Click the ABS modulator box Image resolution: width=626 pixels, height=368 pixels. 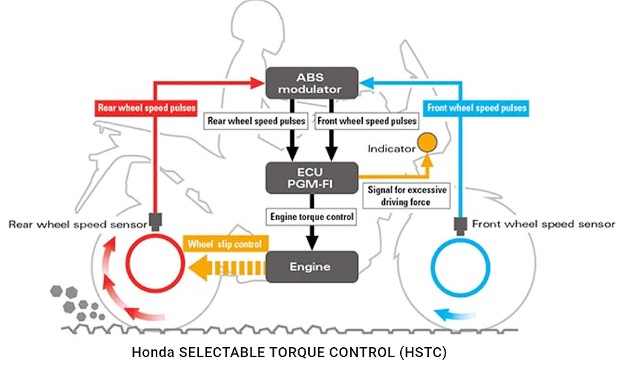tap(311, 82)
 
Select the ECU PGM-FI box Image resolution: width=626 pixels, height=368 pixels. tap(311, 178)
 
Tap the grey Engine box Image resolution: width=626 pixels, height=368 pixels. tap(311, 267)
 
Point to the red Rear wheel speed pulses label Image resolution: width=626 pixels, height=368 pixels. tap(146, 108)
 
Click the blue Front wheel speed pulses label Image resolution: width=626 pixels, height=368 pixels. tap(476, 108)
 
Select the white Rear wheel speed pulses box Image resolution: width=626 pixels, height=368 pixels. tap(257, 121)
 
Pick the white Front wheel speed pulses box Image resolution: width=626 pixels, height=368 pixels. tap(367, 121)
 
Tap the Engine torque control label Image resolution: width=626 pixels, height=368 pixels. tap(312, 217)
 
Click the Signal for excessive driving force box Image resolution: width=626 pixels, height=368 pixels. tap(408, 196)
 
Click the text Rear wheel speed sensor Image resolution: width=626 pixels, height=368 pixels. tap(77, 224)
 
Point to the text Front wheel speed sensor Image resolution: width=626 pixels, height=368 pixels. tap(543, 224)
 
